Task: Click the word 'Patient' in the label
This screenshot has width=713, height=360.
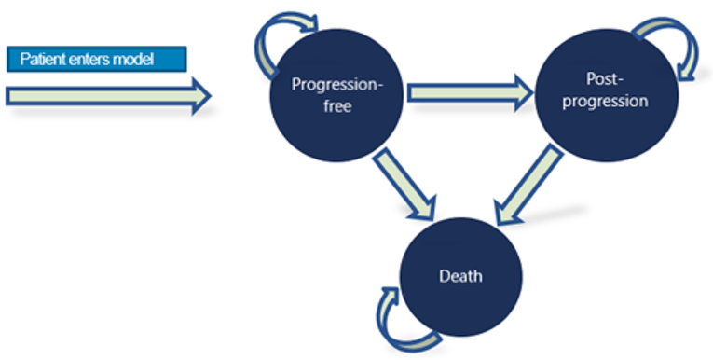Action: (40, 59)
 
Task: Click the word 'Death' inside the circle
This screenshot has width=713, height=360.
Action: (460, 277)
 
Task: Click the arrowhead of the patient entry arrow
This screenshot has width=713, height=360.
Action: (199, 95)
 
